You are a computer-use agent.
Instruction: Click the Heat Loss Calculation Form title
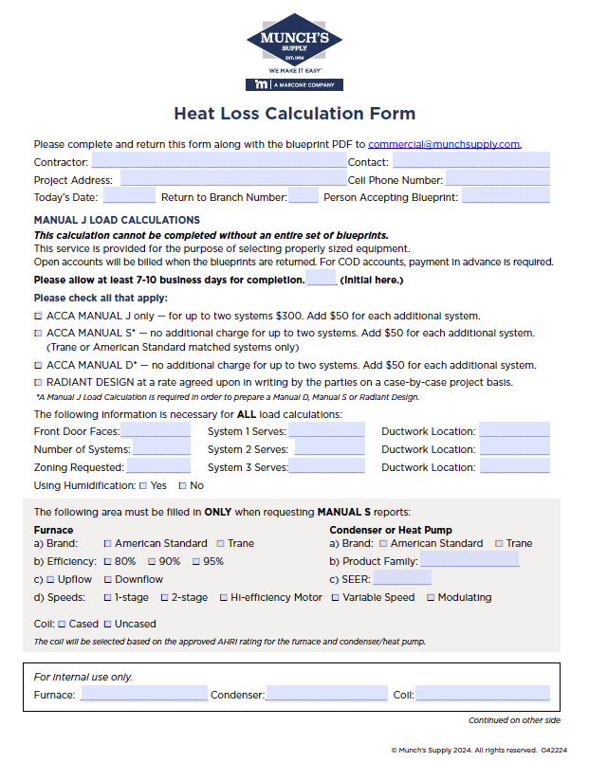(x=294, y=114)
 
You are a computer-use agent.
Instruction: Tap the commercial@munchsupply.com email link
(x=444, y=144)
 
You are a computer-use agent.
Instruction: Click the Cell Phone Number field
(x=497, y=180)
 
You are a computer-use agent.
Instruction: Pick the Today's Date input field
(x=129, y=197)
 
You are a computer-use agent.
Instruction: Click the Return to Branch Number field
(x=304, y=197)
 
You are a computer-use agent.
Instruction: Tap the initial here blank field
(x=322, y=280)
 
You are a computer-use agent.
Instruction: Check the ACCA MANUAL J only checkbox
(x=38, y=316)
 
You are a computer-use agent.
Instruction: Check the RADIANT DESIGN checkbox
(x=38, y=382)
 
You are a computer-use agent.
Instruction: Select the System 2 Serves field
(x=329, y=449)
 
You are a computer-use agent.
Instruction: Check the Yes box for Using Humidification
(x=142, y=486)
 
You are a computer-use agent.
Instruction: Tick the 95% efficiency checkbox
(x=195, y=562)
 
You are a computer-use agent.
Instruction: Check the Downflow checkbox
(x=107, y=580)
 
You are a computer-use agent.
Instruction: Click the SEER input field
(x=402, y=579)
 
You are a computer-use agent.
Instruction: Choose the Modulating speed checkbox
(x=431, y=598)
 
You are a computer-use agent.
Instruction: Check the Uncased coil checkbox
(x=107, y=625)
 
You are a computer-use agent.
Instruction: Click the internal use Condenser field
(x=326, y=695)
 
